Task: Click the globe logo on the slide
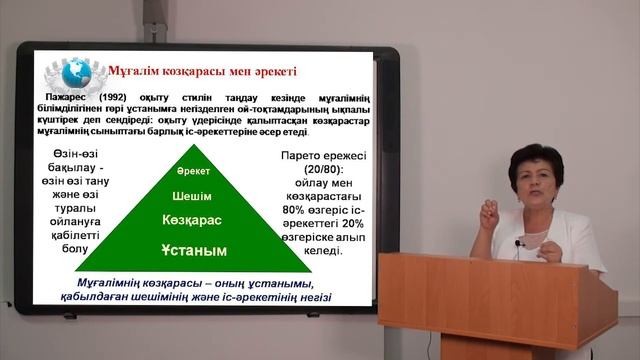click(76, 72)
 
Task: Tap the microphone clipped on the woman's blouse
click(521, 243)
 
